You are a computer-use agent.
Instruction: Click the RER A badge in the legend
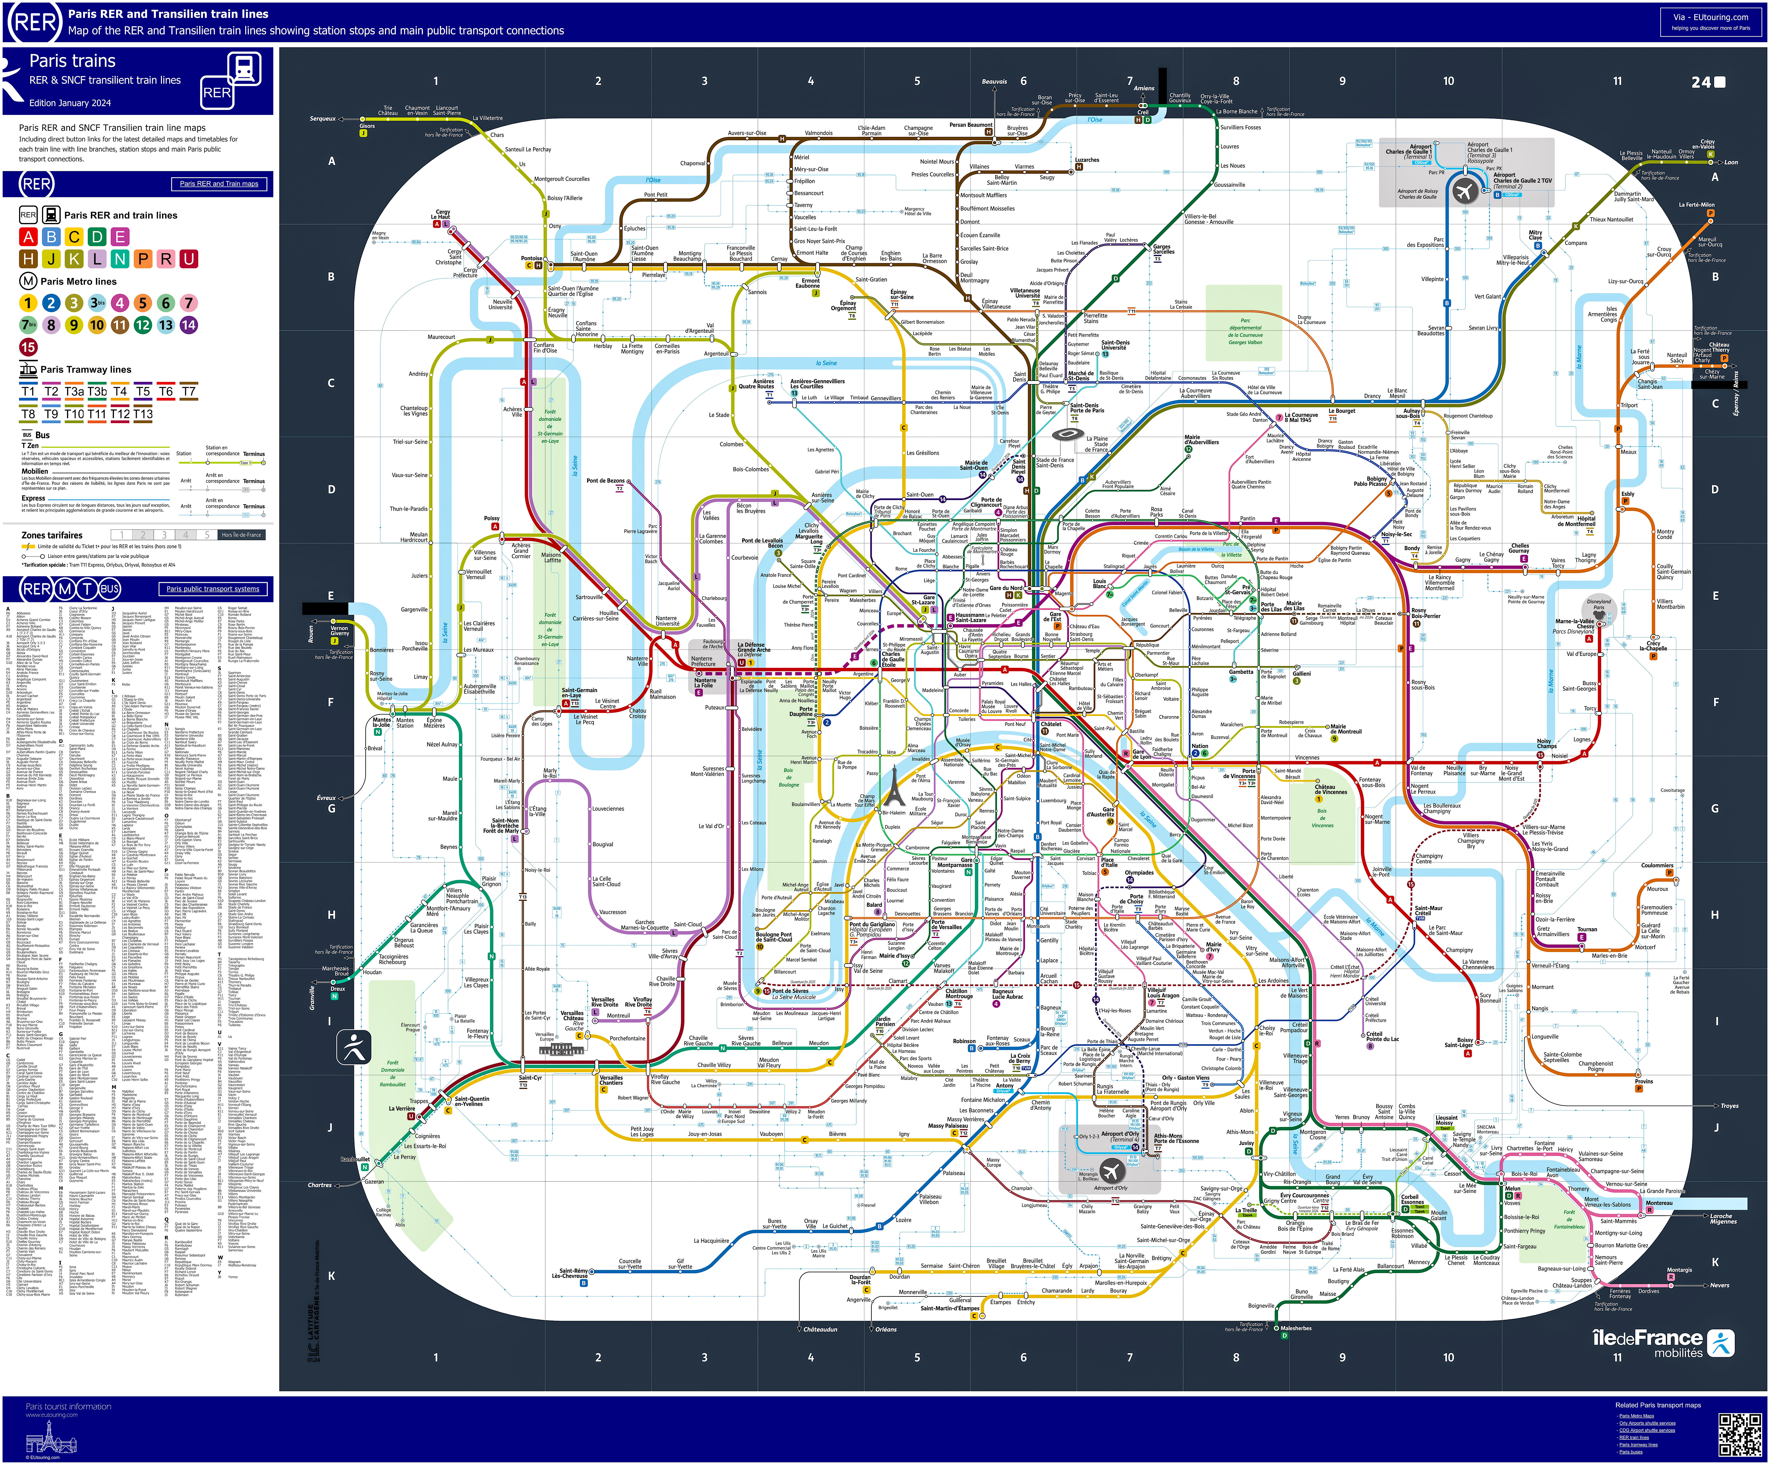pyautogui.click(x=29, y=237)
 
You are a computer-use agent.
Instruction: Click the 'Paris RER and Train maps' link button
pyautogui.click(x=219, y=184)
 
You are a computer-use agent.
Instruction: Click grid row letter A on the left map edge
pyautogui.click(x=331, y=161)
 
